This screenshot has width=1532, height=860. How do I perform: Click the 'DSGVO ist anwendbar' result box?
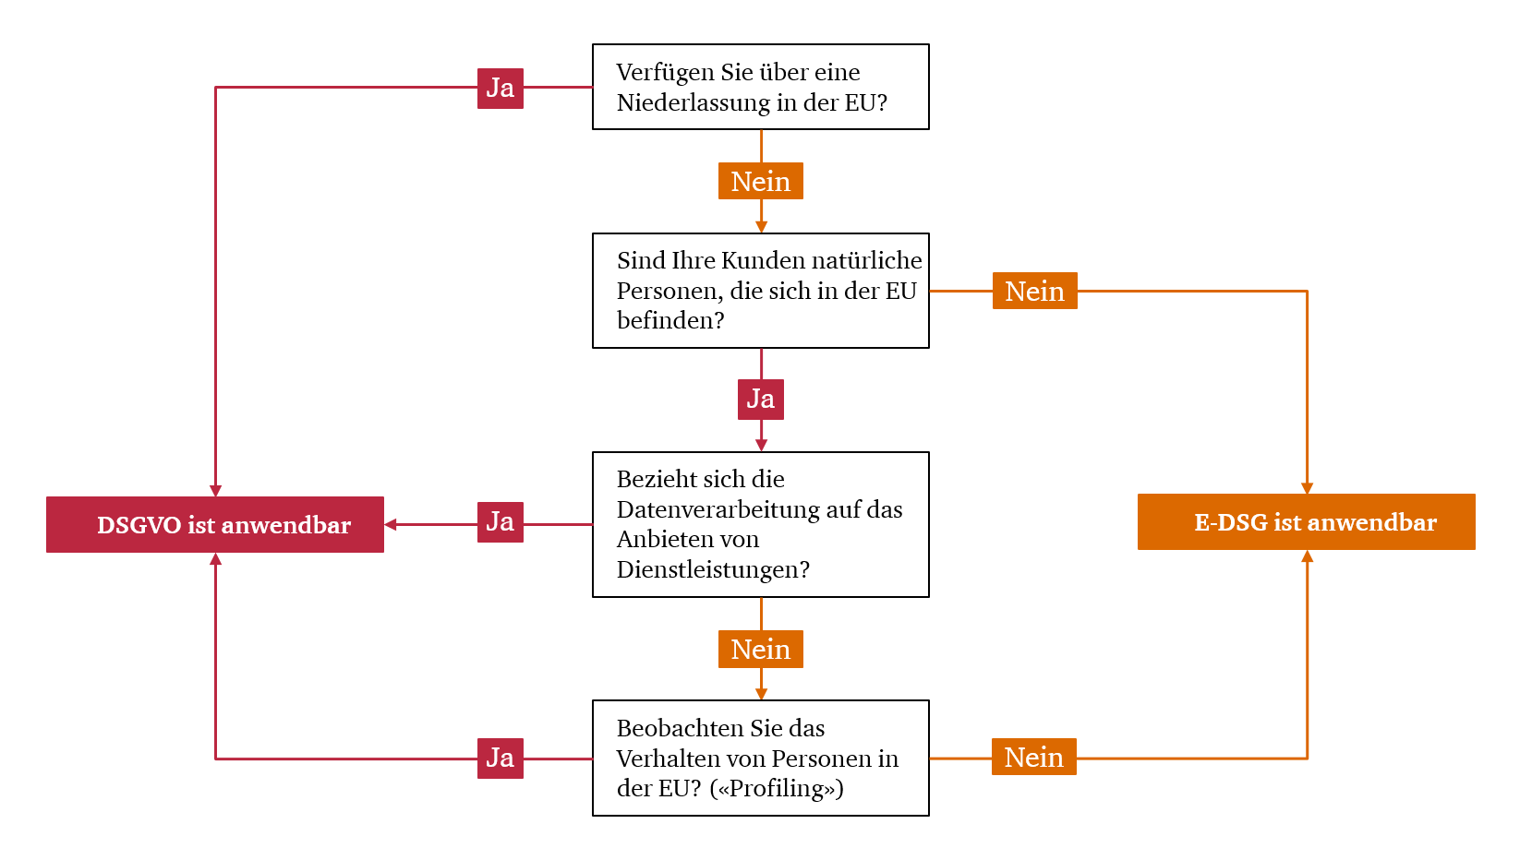pos(215,524)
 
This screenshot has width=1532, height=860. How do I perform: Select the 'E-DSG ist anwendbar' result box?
pos(1307,521)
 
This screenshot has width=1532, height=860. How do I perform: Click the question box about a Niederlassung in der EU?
pos(761,87)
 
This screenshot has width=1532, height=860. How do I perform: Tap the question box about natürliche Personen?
pos(761,291)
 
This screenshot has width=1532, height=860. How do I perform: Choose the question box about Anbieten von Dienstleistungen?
pos(761,524)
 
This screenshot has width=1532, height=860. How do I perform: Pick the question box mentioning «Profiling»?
pos(761,758)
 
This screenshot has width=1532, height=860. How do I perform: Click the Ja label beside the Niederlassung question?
pos(500,89)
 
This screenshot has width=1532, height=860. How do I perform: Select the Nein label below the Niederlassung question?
pos(761,181)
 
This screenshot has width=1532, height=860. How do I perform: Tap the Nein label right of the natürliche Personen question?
pos(1035,291)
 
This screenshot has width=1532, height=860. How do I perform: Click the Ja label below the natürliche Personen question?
pos(761,400)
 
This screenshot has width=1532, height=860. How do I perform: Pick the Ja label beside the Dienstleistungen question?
pos(500,522)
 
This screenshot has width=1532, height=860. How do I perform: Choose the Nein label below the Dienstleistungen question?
pos(761,649)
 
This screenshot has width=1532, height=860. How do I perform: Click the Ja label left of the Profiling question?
pos(500,758)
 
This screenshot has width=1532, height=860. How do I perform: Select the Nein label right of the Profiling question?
pos(1034,757)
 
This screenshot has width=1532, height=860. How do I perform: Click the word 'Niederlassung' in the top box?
pos(693,102)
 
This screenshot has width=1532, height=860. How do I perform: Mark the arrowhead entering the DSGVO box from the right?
pos(390,524)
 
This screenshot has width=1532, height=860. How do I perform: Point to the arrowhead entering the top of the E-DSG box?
pos(1307,488)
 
